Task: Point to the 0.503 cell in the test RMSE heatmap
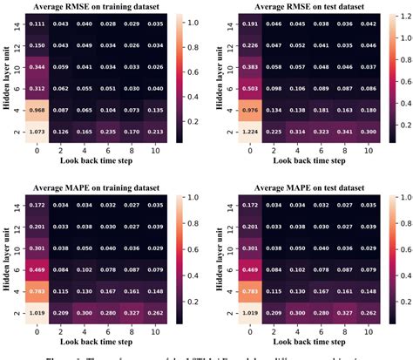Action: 249,88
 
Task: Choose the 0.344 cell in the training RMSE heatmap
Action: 38,65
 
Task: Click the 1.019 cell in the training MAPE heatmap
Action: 38,311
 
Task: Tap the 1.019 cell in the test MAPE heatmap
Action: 249,311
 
